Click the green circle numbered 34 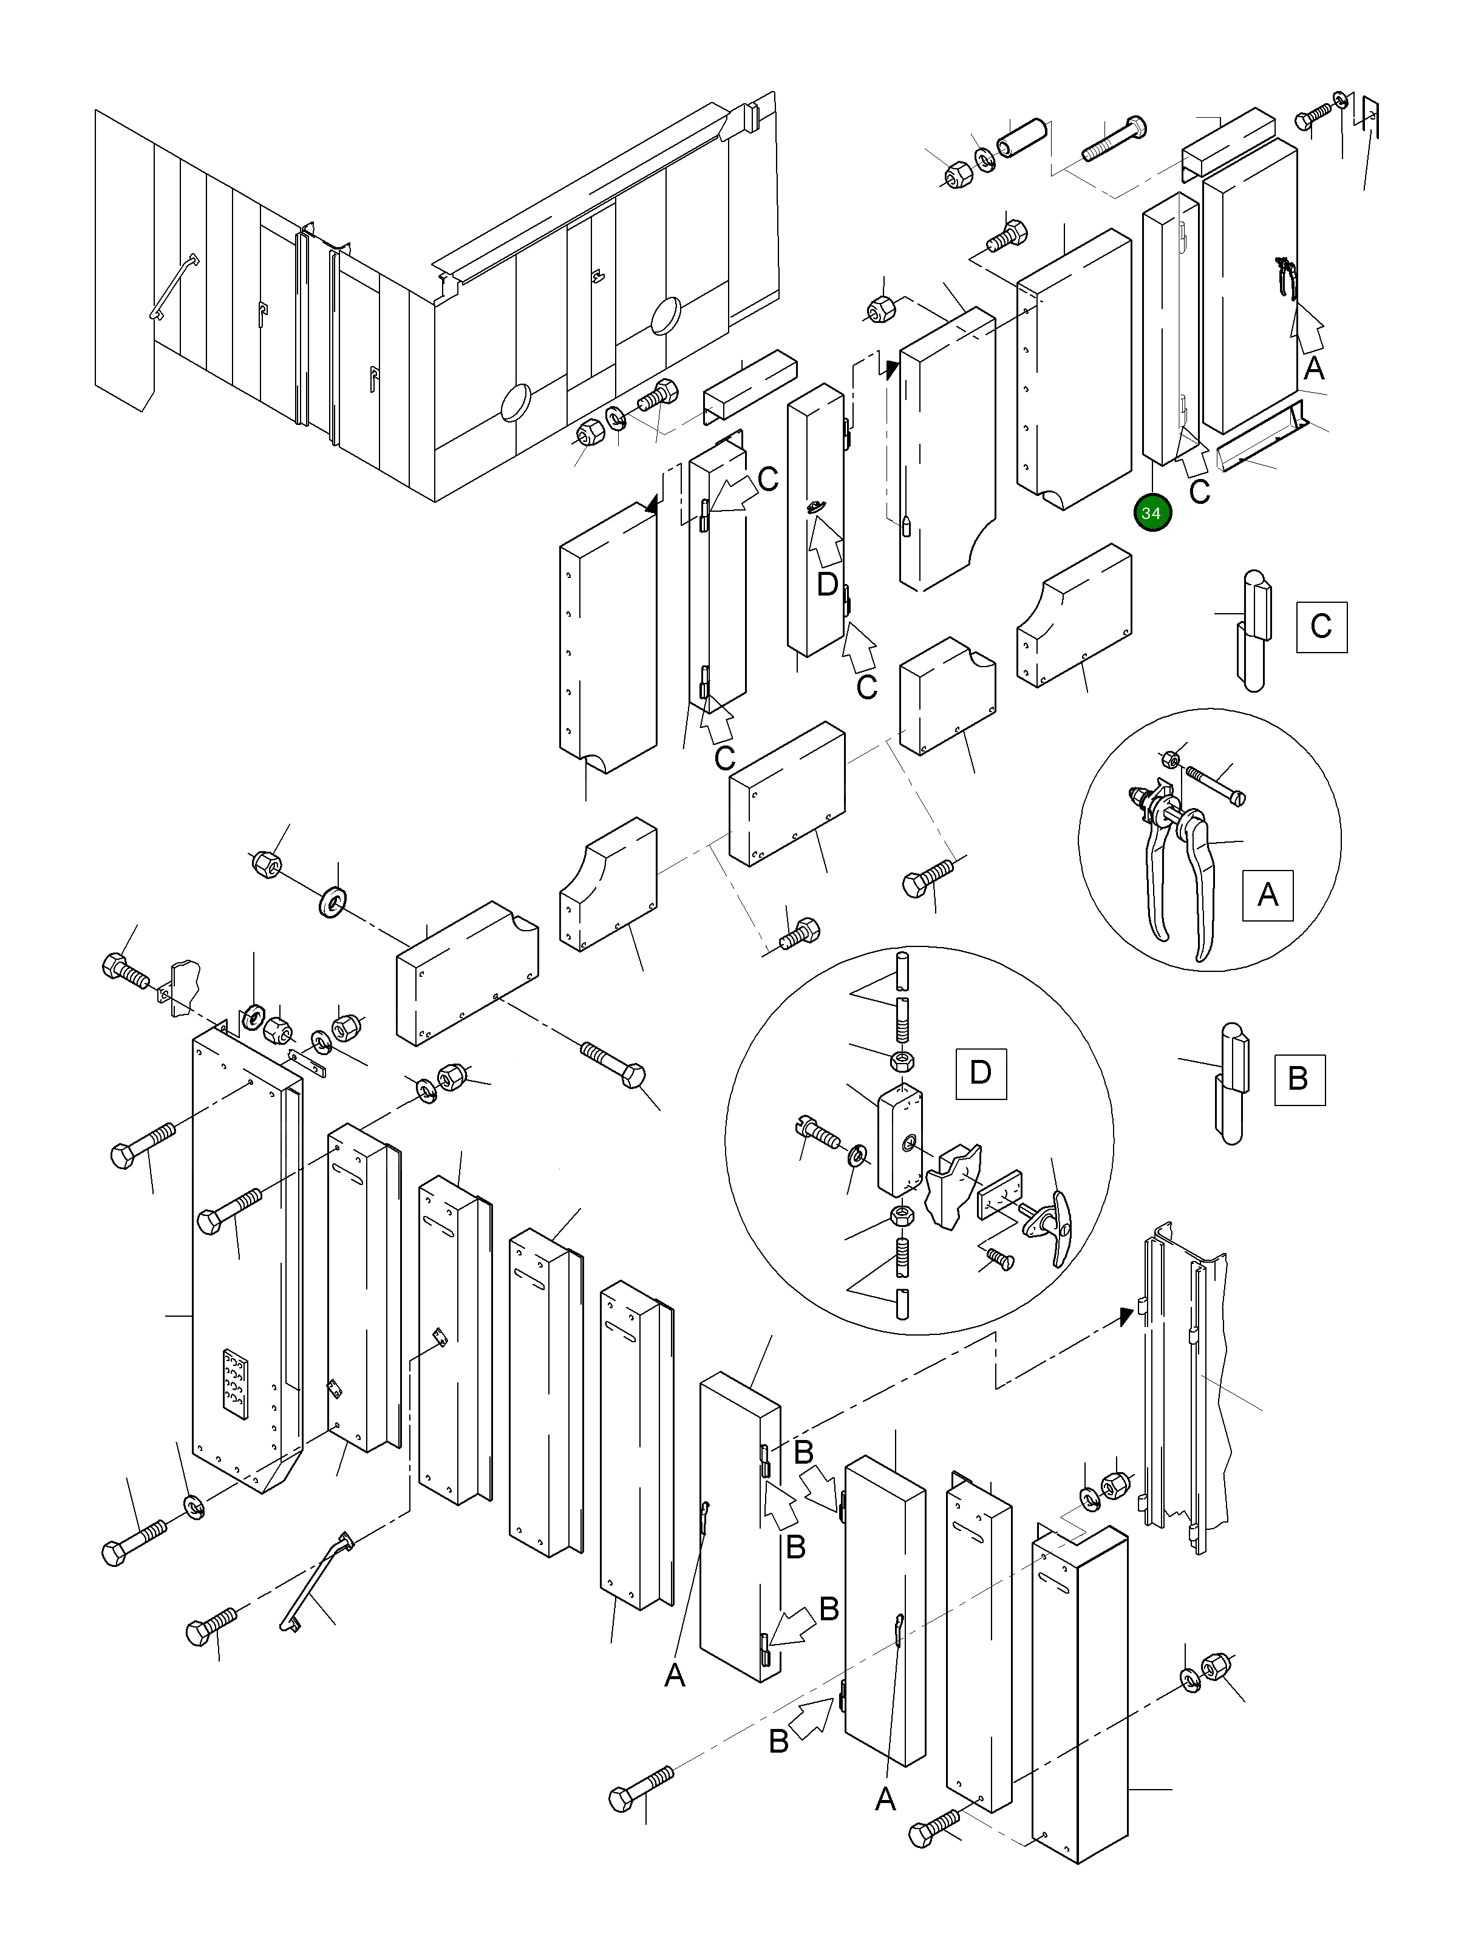click(1151, 513)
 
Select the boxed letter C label click(1321, 627)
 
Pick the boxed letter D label click(981, 1073)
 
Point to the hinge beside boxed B click(1231, 1082)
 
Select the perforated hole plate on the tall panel click(234, 1384)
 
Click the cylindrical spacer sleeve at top click(1021, 137)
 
